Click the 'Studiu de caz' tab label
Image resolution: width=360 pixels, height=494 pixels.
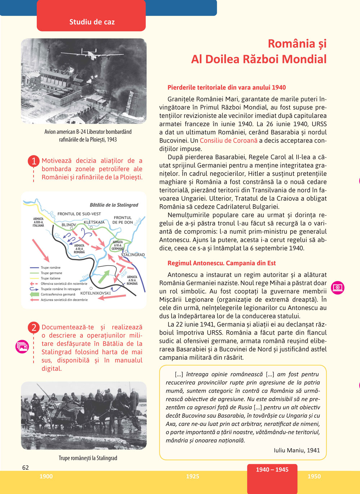click(92, 22)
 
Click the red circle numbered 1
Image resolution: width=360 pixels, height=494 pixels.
click(33, 161)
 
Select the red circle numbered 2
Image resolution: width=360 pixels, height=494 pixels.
click(33, 327)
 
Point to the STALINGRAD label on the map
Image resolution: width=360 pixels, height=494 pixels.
click(132, 255)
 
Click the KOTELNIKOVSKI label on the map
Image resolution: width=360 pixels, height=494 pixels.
click(95, 293)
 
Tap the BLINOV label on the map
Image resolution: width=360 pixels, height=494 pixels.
click(69, 225)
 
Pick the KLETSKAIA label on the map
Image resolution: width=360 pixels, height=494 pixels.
click(94, 222)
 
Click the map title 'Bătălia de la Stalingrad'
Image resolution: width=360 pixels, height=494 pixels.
click(114, 205)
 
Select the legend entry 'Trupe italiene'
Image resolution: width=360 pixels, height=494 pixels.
click(50, 278)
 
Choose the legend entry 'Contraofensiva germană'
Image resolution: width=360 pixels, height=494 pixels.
click(58, 294)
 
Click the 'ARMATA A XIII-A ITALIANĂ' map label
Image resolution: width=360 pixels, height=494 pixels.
click(38, 222)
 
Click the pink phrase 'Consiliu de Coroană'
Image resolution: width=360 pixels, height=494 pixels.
click(229, 141)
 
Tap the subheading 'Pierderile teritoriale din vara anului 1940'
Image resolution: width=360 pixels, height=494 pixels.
click(226, 87)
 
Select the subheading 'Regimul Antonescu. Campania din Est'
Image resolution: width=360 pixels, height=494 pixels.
click(221, 263)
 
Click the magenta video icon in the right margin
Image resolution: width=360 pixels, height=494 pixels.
click(338, 287)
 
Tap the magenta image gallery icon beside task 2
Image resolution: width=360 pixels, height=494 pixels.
click(22, 346)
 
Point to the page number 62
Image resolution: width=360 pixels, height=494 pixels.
click(26, 468)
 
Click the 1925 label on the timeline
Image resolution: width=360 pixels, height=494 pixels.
click(193, 476)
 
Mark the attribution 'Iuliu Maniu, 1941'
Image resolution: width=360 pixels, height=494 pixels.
click(297, 450)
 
